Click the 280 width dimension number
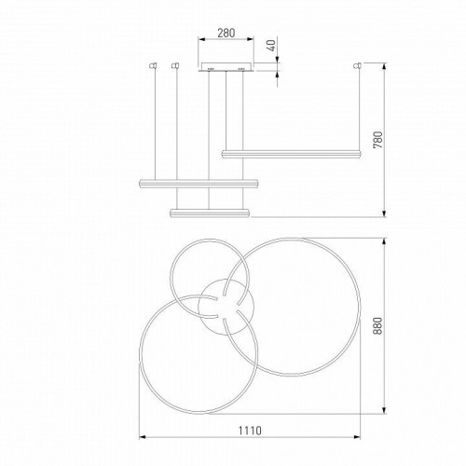226,32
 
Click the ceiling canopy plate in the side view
226,67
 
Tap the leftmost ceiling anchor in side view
153,66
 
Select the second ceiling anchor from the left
174,66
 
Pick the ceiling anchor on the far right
356,66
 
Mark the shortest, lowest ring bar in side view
210,212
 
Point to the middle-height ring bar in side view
198,183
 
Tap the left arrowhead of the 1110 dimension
140,435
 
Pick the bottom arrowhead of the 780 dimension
386,214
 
